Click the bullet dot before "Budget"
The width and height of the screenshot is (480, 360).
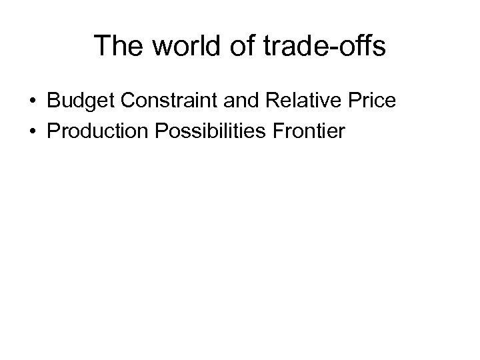[33, 101]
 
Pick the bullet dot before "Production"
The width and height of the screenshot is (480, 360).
[33, 131]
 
